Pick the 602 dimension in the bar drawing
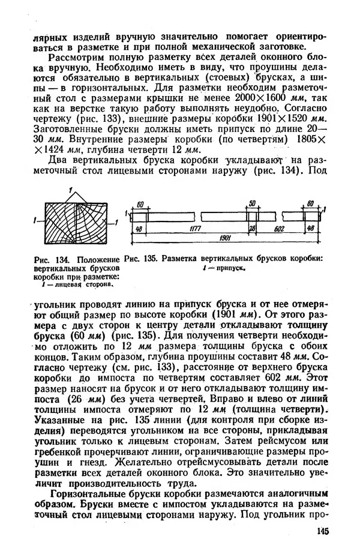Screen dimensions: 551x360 pyautogui.click(x=278, y=229)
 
